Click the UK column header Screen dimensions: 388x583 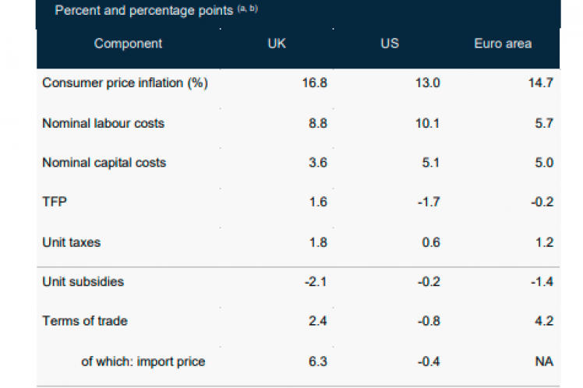277,44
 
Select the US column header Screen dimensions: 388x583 390,44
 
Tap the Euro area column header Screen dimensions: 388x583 503,44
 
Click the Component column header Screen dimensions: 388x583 128,44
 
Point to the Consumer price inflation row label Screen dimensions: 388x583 125,83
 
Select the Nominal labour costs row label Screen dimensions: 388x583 103,123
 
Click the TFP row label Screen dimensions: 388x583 54,203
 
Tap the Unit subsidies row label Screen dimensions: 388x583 83,281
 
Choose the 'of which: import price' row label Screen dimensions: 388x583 143,361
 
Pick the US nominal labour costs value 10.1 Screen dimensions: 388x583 429,123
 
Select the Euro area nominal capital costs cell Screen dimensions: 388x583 544,163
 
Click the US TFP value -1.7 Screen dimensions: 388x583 429,203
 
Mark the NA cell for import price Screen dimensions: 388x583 544,361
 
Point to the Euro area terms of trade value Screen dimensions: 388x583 544,321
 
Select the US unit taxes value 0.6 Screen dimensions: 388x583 431,242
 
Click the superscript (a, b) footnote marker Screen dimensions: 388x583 247,9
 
